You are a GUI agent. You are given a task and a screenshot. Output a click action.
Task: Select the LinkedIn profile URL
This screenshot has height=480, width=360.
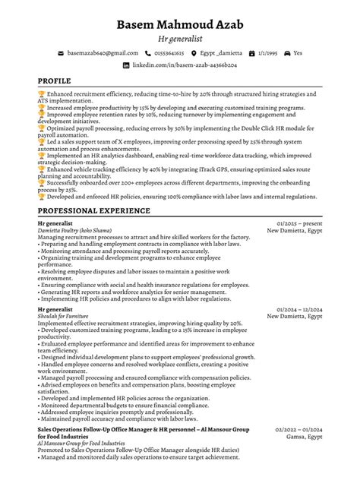[186, 66]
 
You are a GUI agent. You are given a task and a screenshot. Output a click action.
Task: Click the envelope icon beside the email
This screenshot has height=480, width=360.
[61, 53]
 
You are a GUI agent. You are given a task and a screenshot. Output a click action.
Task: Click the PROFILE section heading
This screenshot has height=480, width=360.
[55, 81]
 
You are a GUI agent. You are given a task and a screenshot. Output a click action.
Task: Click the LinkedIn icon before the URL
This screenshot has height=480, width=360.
[126, 66]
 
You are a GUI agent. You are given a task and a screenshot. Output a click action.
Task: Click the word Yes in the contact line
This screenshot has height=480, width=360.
[298, 53]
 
